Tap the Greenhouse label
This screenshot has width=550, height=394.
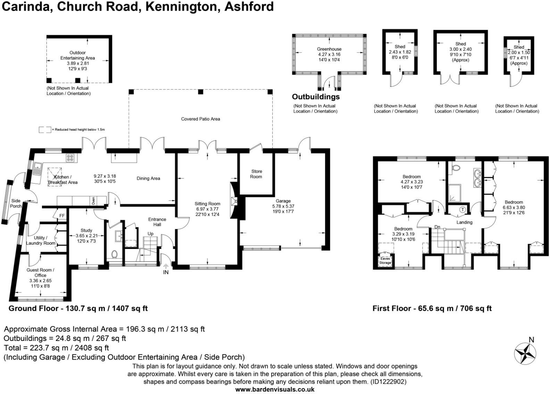point(329,49)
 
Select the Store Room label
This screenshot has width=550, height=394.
point(257,174)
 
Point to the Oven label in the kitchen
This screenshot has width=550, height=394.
point(93,200)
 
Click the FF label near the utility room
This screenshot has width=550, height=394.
point(62,216)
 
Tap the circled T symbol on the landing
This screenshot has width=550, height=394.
point(462,209)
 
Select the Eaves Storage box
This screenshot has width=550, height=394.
point(385,261)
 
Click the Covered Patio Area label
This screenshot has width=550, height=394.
point(200,119)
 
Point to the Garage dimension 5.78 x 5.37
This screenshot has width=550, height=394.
point(283,206)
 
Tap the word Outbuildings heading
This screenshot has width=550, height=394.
point(316,97)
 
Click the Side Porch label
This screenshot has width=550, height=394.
point(16,203)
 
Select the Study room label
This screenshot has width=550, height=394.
point(86,230)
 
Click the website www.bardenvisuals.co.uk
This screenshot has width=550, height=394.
point(275,389)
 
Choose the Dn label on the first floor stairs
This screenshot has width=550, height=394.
point(437,227)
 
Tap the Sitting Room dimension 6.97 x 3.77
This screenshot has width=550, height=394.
point(207,209)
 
